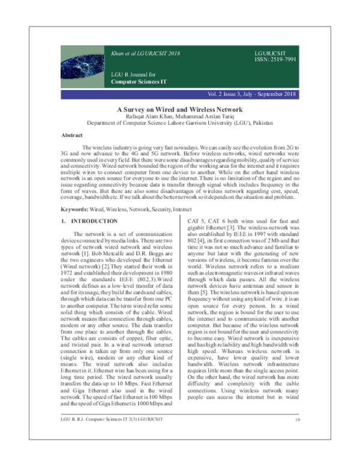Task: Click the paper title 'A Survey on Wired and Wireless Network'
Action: click(x=180, y=109)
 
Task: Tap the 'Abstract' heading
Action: click(x=76, y=135)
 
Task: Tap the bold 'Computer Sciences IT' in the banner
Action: click(x=138, y=80)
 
